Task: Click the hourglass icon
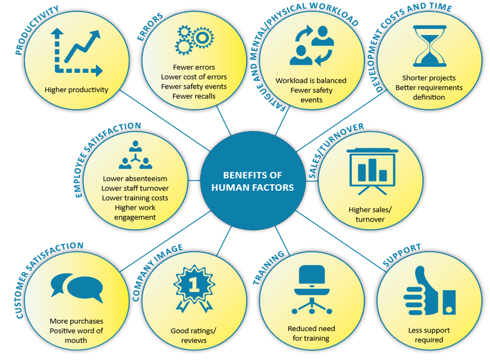click(x=429, y=46)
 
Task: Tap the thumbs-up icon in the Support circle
click(x=429, y=291)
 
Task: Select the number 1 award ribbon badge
click(x=194, y=288)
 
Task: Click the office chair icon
click(x=312, y=289)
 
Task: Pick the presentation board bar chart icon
click(x=372, y=171)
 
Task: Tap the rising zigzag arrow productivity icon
click(x=77, y=52)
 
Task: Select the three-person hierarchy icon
click(x=135, y=155)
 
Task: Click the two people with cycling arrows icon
click(x=312, y=46)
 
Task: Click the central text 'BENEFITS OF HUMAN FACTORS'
click(x=252, y=181)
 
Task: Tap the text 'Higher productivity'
click(x=76, y=90)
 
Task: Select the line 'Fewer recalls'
click(x=194, y=96)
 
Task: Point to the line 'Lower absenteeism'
click(x=135, y=179)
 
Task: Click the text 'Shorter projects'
click(x=429, y=78)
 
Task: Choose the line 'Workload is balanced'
click(x=311, y=80)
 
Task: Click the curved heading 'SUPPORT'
click(x=402, y=255)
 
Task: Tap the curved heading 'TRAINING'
click(x=268, y=267)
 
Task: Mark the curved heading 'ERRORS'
click(x=150, y=26)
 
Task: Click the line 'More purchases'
click(x=76, y=321)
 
